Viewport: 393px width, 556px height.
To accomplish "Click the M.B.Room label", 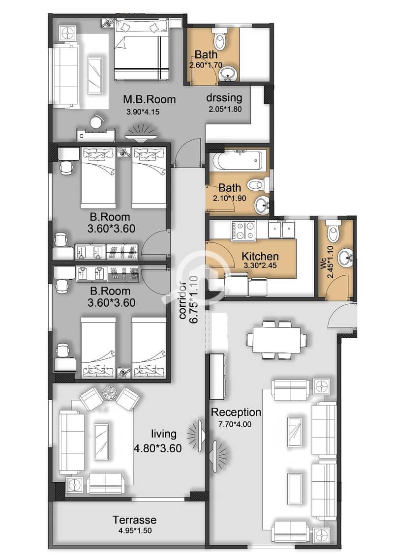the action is [150, 99].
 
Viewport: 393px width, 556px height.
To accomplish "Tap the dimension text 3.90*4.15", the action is [143, 112].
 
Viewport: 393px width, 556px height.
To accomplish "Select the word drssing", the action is [224, 97].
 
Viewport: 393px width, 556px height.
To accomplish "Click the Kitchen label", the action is [260, 256].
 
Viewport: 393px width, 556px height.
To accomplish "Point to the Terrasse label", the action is [134, 520].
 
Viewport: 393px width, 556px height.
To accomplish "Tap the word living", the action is [163, 434].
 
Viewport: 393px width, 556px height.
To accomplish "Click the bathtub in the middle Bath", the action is [239, 160].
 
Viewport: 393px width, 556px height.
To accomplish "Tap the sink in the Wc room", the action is [345, 259].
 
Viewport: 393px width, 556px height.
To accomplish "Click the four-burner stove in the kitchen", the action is [243, 231].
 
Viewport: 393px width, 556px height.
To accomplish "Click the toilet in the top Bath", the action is [220, 40].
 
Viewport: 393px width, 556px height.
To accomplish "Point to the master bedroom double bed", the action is [141, 50].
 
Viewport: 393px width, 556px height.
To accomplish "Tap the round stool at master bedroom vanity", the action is [96, 122].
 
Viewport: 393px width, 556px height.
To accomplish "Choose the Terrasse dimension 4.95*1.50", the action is [134, 531].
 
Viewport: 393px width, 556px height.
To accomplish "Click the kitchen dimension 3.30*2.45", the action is [260, 265].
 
